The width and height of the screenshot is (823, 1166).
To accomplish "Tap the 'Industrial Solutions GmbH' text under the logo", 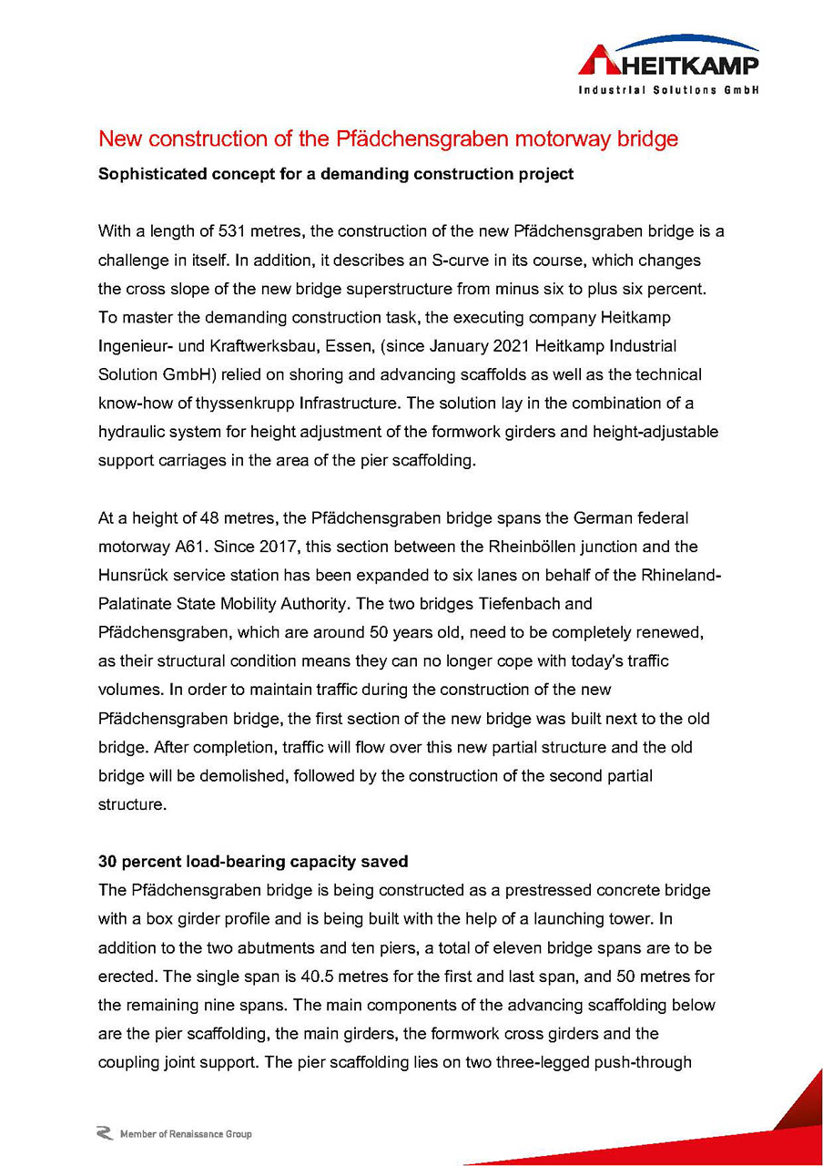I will coord(668,90).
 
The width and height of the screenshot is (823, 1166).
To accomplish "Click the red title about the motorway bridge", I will coord(388,139).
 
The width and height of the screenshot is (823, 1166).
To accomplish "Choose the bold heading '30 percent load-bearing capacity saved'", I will coord(252,861).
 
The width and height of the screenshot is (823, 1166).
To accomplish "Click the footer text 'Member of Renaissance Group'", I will coord(186,1134).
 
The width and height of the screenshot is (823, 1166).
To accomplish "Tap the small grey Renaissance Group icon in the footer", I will coord(105,1133).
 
